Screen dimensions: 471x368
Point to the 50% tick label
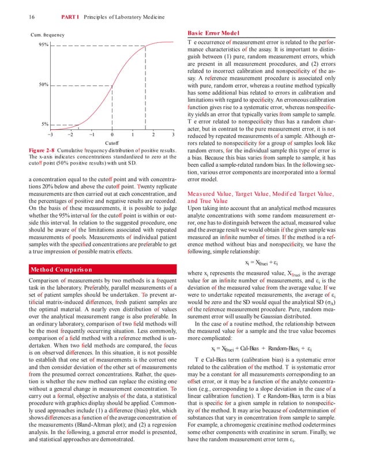(43, 85)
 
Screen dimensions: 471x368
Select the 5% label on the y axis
(44, 124)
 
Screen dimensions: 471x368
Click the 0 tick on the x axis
(111, 134)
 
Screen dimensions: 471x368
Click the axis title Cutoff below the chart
(111, 143)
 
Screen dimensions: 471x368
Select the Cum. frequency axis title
(48, 35)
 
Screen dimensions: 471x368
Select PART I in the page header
(66, 17)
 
